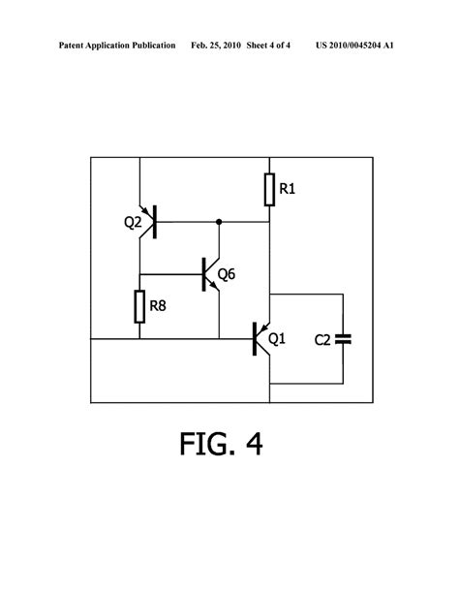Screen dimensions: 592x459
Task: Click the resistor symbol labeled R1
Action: pos(269,190)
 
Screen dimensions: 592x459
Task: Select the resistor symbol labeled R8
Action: pos(139,307)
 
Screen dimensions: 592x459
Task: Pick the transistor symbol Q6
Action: pos(209,274)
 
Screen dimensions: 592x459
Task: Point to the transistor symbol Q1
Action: pos(260,338)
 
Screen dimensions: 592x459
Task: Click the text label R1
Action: pos(288,190)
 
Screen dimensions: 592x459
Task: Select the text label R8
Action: pos(158,308)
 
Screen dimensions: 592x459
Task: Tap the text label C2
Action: pos(323,339)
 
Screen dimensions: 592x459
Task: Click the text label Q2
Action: pos(130,222)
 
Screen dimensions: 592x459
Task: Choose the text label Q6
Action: pos(227,274)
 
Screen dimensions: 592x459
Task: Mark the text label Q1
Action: pos(277,339)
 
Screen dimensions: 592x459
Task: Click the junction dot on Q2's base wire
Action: pos(218,222)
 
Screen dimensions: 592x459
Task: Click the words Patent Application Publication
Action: pos(116,46)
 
